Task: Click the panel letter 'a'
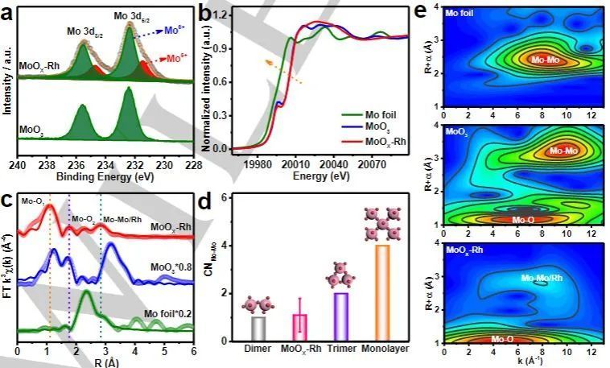[x=10, y=11]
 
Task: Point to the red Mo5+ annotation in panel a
[x=173, y=59]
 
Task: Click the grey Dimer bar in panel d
[x=258, y=329]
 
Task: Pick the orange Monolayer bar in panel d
[x=382, y=293]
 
